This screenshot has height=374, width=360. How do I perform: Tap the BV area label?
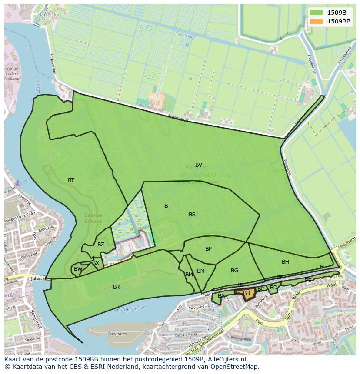(x=199, y=165)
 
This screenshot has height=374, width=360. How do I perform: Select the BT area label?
(x=71, y=180)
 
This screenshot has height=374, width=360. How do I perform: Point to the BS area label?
(x=192, y=215)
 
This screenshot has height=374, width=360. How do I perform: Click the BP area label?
(x=208, y=249)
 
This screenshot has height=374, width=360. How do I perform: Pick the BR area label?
(x=117, y=287)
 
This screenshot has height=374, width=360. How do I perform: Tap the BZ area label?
(x=101, y=245)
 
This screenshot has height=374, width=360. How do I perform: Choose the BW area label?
(x=78, y=269)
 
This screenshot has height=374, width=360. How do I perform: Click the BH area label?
(x=285, y=262)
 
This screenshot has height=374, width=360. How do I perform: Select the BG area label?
(x=234, y=271)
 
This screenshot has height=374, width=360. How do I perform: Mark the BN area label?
(x=200, y=271)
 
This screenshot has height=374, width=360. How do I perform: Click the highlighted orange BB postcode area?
(x=247, y=294)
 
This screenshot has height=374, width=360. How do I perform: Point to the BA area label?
(x=221, y=296)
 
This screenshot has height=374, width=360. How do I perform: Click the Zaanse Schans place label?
(x=94, y=218)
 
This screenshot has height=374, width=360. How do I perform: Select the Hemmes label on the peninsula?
(x=119, y=334)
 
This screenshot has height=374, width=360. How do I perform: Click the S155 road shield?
(x=338, y=277)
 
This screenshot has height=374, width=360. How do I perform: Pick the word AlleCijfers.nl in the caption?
(x=226, y=359)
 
